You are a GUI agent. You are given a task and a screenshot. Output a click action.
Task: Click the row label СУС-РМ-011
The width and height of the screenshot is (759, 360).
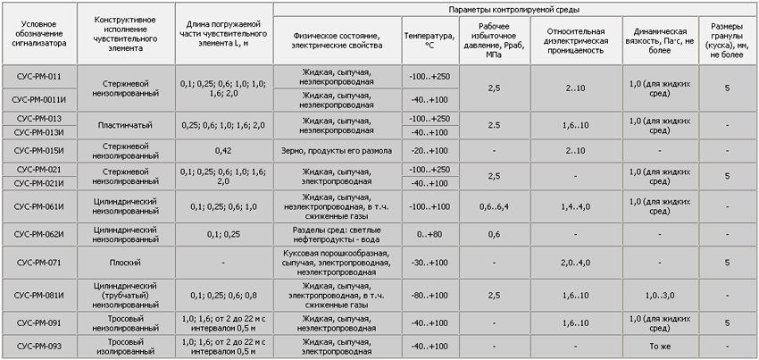38,77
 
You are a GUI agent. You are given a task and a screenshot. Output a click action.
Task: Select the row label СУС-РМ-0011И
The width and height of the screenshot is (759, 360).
38,100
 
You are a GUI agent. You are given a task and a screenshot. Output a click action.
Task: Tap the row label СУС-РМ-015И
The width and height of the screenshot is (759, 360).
39,151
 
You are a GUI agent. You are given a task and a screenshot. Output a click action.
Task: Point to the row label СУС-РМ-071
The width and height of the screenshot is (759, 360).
38,263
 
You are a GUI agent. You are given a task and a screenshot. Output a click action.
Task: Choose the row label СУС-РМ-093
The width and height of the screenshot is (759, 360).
38,347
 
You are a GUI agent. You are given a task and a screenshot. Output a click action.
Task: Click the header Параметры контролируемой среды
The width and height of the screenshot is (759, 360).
514,9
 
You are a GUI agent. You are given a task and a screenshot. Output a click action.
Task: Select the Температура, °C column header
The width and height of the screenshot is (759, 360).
430,39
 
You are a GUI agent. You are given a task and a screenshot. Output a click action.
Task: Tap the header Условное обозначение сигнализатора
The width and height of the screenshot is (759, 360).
39,33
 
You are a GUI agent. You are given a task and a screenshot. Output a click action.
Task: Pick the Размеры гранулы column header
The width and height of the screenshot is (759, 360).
727,40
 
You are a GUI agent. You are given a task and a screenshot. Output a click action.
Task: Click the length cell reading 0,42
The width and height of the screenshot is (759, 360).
223,151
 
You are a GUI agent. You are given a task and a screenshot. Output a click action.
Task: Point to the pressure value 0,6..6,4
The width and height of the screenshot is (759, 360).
494,207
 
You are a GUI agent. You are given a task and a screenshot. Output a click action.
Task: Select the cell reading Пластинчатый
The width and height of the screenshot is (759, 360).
125,125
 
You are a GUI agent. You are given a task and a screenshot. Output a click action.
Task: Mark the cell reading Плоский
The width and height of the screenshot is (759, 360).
125,263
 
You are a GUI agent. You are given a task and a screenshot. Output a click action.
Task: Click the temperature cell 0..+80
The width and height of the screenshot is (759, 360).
430,235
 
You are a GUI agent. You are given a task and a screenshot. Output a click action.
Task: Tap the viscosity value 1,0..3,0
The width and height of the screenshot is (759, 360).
660,295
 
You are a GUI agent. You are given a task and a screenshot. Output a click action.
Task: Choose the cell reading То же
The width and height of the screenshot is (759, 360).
660,347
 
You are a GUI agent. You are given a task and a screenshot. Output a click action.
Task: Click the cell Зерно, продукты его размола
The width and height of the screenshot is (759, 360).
337,151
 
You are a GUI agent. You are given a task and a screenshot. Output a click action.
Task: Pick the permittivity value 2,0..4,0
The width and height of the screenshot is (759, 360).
576,263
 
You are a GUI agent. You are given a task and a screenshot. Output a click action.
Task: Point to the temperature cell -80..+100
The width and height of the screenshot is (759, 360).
430,295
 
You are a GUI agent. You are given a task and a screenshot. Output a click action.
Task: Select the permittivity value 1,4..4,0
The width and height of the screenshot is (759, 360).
576,207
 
